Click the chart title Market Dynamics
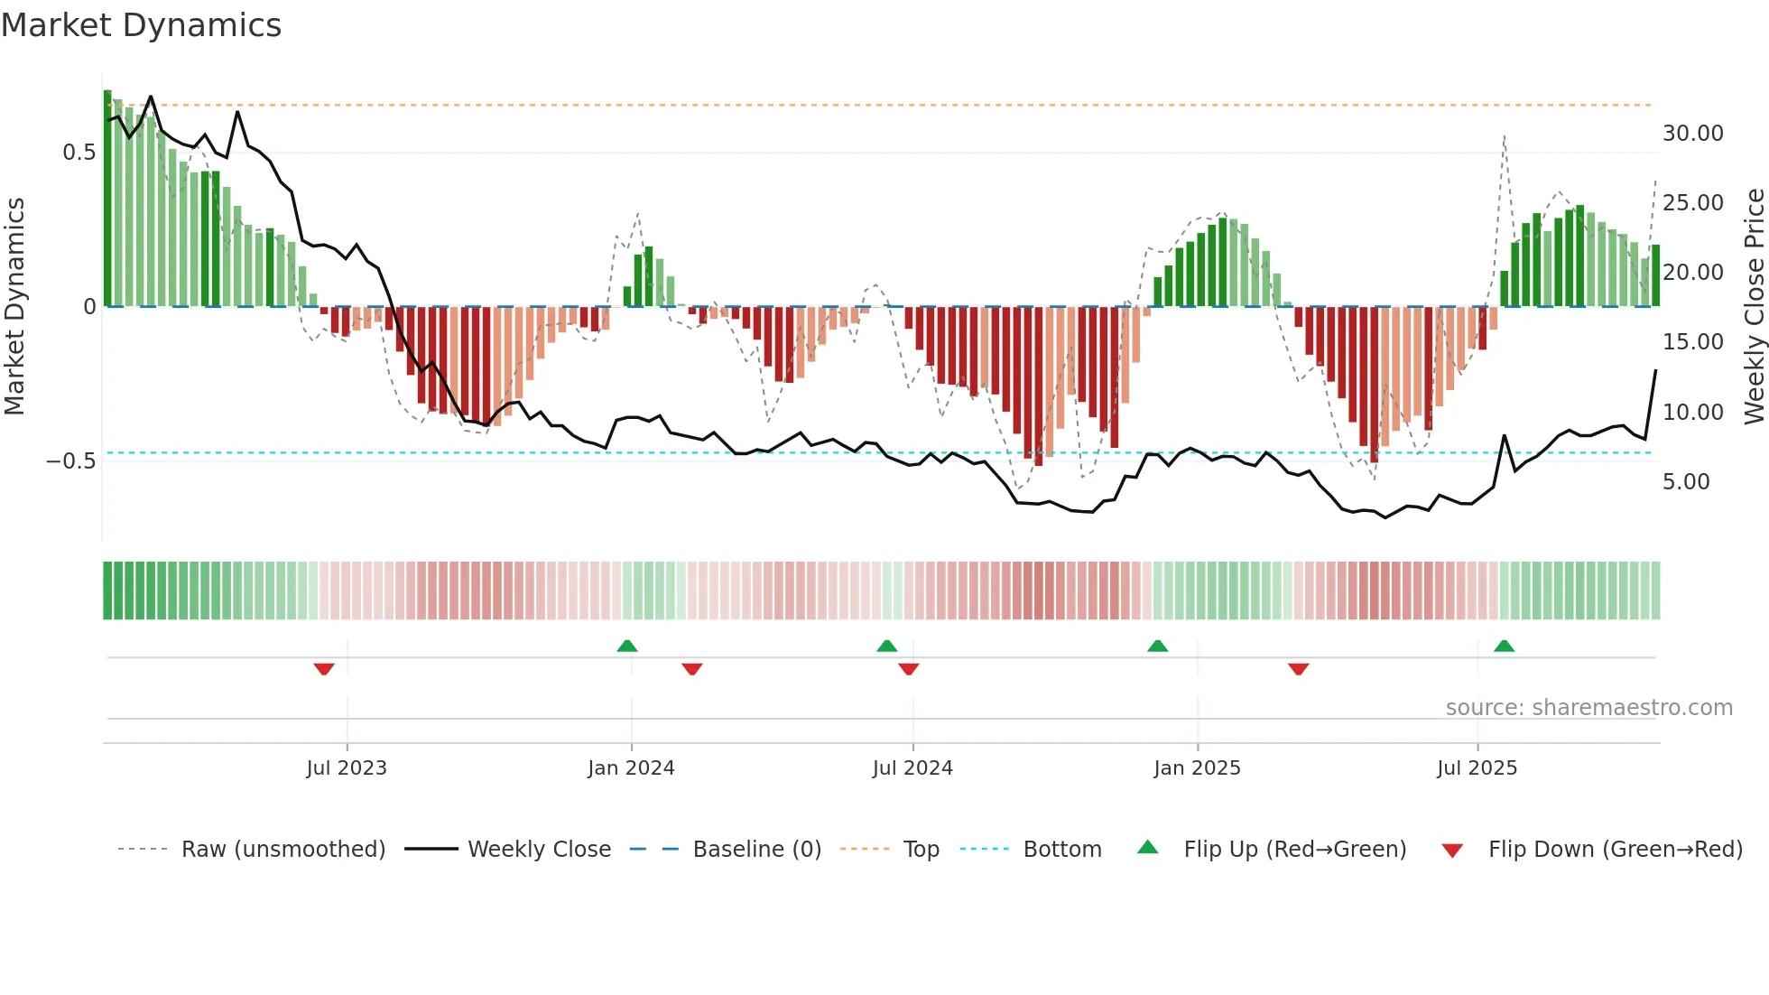[142, 25]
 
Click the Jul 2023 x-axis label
[347, 768]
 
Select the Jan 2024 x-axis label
[631, 768]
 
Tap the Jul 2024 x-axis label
[912, 768]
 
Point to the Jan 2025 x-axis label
[1197, 768]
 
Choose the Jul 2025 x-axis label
[1477, 768]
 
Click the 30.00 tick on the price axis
[1692, 134]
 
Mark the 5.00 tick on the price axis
[1686, 482]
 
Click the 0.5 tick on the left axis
[79, 153]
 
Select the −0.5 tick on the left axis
[71, 461]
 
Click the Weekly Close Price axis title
[1754, 306]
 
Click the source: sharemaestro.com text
[1588, 708]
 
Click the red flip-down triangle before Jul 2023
[324, 669]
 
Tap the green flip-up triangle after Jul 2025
[1504, 646]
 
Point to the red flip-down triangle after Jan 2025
[1298, 669]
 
